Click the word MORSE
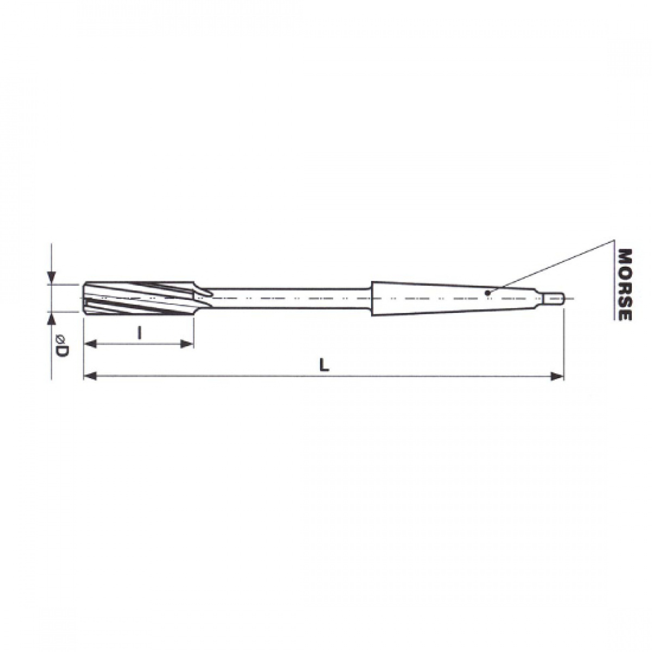[624, 285]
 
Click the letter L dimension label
[324, 365]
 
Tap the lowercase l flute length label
[139, 333]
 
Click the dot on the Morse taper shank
[487, 293]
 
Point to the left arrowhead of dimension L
[90, 376]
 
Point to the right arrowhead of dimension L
[557, 376]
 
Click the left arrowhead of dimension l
[90, 344]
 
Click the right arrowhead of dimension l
[187, 344]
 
